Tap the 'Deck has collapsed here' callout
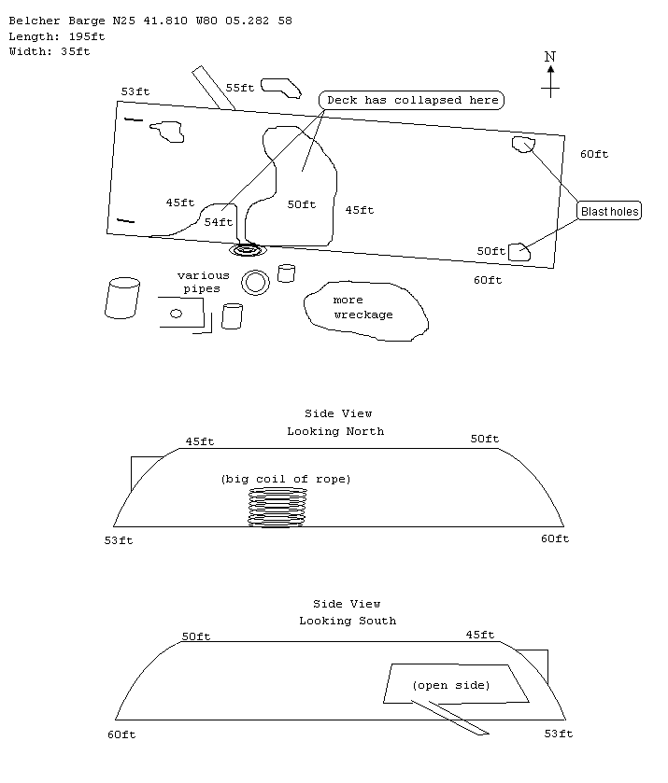click(x=412, y=100)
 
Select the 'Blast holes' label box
click(x=609, y=212)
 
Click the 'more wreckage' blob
click(x=365, y=308)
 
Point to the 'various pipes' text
click(x=203, y=282)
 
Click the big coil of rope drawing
click(x=277, y=508)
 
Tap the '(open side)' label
click(x=450, y=685)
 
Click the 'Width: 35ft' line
click(x=49, y=51)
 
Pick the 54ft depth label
click(x=218, y=222)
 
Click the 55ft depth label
click(x=239, y=88)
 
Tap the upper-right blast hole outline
click(x=522, y=143)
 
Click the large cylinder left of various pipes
click(x=121, y=298)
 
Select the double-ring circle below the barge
click(x=255, y=282)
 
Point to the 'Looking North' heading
click(x=334, y=431)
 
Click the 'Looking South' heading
click(x=347, y=621)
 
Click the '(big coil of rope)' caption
click(x=285, y=479)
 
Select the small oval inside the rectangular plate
click(x=176, y=314)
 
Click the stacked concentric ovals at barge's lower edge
click(x=248, y=249)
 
